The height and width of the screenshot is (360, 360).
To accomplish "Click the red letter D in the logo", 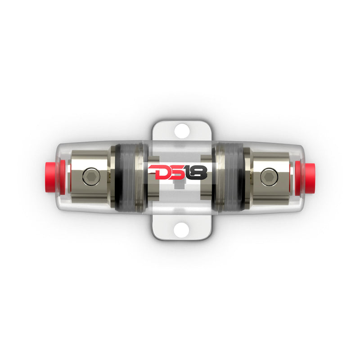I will point(157,173).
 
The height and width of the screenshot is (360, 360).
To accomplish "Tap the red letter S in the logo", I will point(175,173).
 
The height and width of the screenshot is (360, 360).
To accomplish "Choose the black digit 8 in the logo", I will point(201,173).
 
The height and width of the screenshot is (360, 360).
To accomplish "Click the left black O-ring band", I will point(117,178).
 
